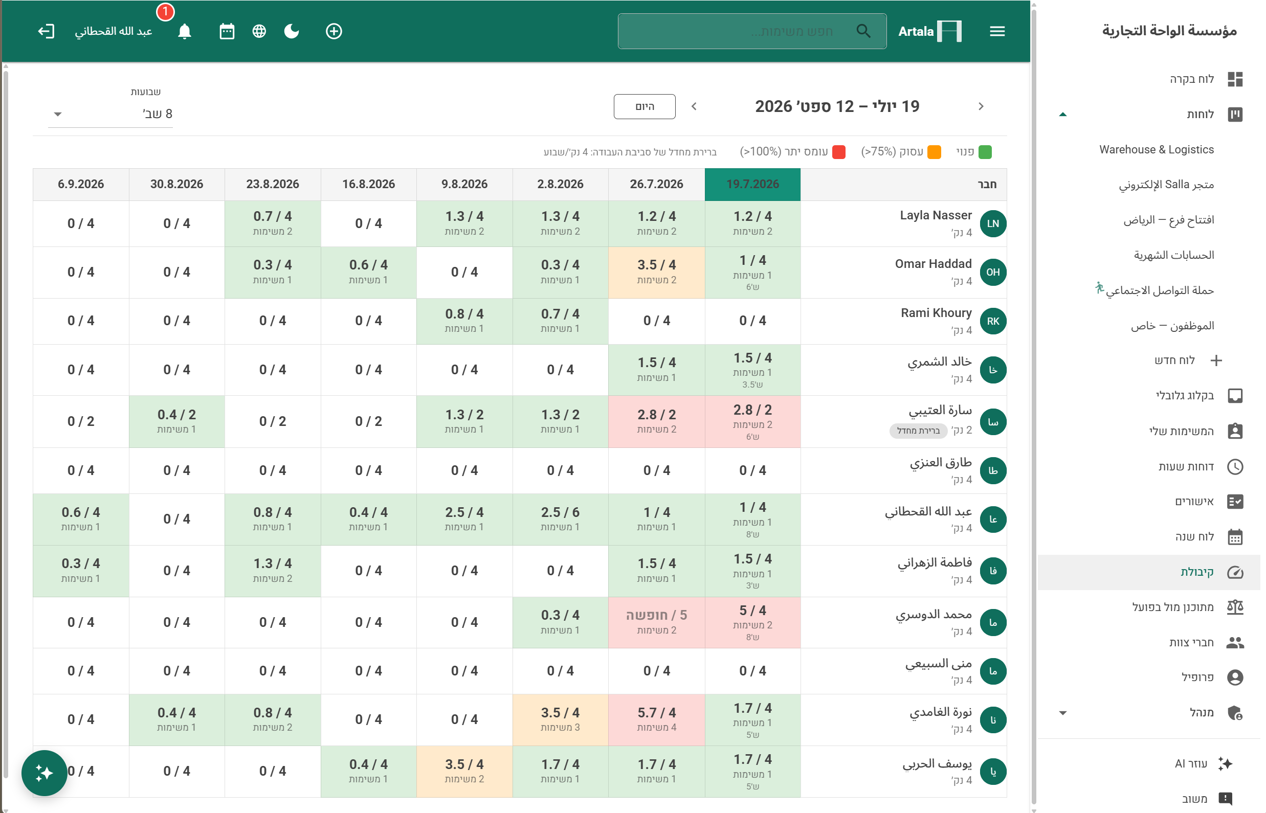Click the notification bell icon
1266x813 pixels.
pyautogui.click(x=184, y=32)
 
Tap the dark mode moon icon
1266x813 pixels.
pyautogui.click(x=292, y=31)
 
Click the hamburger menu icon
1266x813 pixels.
pyautogui.click(x=996, y=31)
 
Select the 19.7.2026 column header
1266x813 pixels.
pyautogui.click(x=752, y=184)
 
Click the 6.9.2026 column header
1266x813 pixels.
pyautogui.click(x=81, y=184)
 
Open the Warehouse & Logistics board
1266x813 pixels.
pyautogui.click(x=1156, y=149)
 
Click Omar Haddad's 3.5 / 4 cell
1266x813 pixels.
pyautogui.click(x=656, y=272)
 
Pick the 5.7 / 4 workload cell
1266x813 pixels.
pyautogui.click(x=656, y=719)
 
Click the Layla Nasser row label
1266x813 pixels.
pyautogui.click(x=936, y=215)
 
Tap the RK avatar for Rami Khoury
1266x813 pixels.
pyautogui.click(x=992, y=321)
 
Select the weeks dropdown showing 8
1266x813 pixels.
pyautogui.click(x=110, y=114)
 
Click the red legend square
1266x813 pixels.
pyautogui.click(x=838, y=152)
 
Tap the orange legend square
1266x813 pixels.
pyautogui.click(x=934, y=152)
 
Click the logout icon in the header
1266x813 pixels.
pyautogui.click(x=46, y=31)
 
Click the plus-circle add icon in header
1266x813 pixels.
pyautogui.click(x=334, y=31)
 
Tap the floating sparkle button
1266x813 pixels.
pyautogui.click(x=45, y=773)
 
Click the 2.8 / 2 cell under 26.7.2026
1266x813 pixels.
pyautogui.click(x=656, y=421)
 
